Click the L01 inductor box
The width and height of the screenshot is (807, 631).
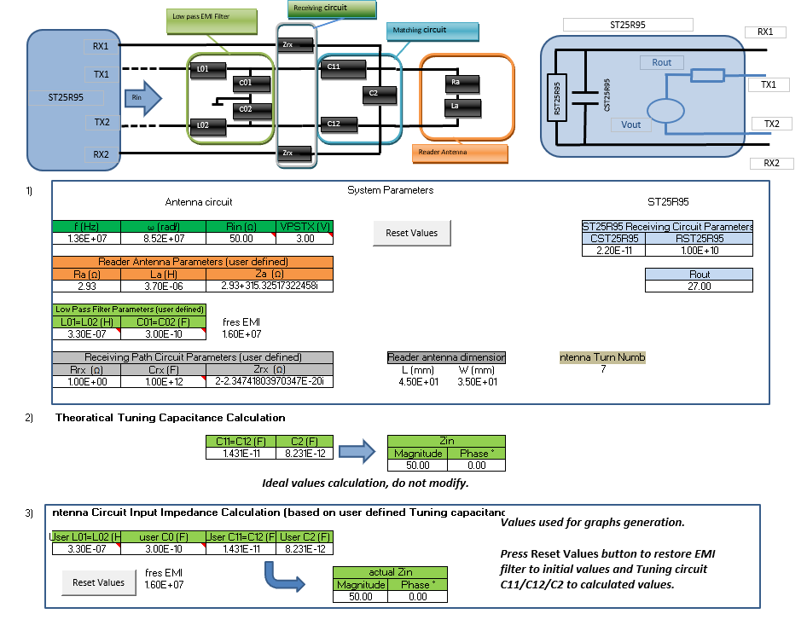coord(206,67)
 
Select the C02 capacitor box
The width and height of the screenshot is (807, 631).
coord(250,109)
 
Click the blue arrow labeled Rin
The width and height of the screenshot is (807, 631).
coord(142,97)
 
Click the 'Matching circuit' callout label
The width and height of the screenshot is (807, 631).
coord(431,31)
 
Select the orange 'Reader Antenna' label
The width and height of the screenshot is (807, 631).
coord(459,153)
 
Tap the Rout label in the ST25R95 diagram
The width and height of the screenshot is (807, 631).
coord(661,62)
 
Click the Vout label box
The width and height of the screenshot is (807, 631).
coord(631,124)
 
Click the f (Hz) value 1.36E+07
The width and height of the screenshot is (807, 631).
coord(87,238)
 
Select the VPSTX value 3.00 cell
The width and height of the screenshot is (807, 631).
coord(305,238)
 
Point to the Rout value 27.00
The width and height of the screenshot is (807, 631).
coord(700,287)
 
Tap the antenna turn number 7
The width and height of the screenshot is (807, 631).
coord(602,370)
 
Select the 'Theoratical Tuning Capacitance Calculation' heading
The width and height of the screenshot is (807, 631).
coord(170,418)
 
